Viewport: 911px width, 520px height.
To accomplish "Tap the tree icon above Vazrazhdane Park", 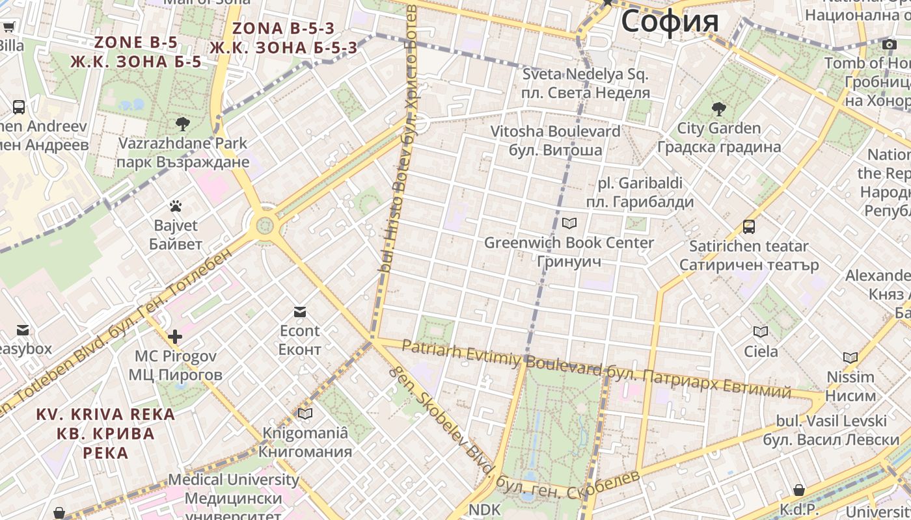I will coord(183,123).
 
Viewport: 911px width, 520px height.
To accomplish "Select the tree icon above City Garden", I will coord(718,109).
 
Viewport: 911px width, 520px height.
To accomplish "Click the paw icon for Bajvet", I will coord(176,206).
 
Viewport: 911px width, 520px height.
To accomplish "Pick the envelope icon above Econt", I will coord(300,312).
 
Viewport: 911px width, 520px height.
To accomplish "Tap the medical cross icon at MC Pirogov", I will coord(175,337).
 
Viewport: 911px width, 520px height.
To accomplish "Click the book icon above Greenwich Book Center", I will coord(569,224).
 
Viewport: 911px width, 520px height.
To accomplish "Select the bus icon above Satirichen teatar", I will coord(749,227).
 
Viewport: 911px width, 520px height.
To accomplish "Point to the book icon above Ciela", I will coord(761,332).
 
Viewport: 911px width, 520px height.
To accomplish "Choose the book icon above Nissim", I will coord(850,357).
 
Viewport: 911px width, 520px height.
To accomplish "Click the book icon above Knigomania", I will coord(305,413).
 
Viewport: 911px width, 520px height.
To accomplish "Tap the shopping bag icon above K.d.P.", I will coord(799,490).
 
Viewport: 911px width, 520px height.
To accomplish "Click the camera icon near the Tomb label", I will coord(890,44).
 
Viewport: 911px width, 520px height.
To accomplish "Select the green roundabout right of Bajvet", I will coord(264,226).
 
